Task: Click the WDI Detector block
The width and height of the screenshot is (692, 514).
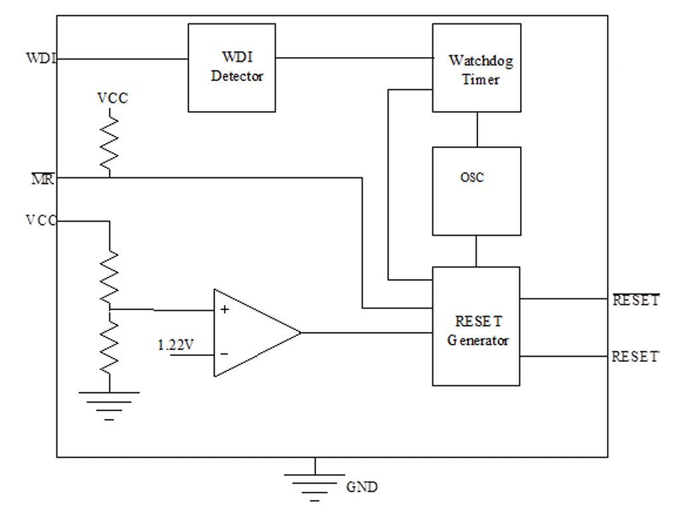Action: coord(232,68)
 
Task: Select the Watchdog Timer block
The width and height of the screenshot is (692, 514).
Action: coord(477,68)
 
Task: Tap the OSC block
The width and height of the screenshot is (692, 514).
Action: coord(477,191)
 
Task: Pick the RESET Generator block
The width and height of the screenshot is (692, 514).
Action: coord(476,326)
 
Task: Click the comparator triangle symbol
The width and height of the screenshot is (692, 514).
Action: coord(257,333)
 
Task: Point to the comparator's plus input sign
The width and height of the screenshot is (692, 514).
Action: coord(224,309)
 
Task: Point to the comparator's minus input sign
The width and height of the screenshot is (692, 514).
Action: coord(224,354)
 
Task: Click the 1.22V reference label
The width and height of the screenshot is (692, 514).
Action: coord(175,345)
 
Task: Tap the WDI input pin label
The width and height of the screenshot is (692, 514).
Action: coord(41,58)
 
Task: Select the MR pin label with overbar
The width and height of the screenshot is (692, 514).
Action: coord(43,179)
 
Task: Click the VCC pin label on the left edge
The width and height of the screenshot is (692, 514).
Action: coord(41,220)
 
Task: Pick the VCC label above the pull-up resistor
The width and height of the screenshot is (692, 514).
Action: coord(112,98)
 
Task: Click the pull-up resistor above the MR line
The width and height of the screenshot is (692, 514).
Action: coord(110,143)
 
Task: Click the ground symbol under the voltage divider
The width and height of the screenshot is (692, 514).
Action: coord(109,406)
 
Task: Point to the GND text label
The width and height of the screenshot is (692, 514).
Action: coord(362,487)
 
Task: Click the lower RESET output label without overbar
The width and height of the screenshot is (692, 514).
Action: coord(636,356)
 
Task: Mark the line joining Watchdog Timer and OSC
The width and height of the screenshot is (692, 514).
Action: coord(477,129)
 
